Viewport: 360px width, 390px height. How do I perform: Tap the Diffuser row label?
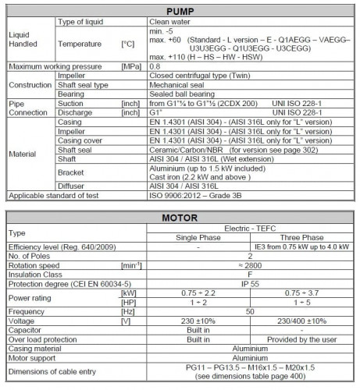tap(72, 186)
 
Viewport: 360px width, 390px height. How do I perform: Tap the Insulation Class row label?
tap(36, 274)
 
